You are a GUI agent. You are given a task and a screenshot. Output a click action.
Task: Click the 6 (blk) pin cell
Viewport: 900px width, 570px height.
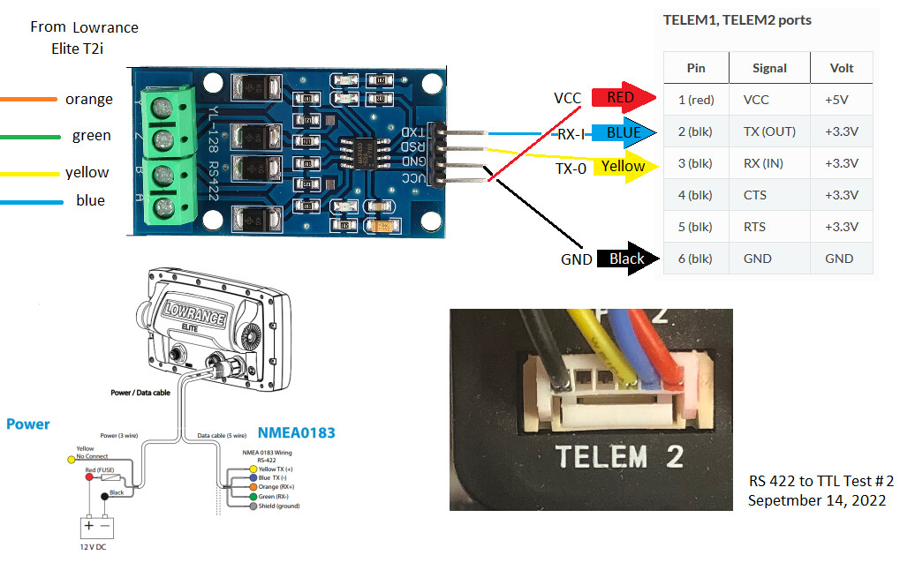pyautogui.click(x=695, y=259)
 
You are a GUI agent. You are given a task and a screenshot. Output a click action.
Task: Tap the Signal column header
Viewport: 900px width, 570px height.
pyautogui.click(x=768, y=68)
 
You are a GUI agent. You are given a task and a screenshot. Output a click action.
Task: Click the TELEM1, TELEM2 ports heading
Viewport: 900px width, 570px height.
pyautogui.click(x=737, y=19)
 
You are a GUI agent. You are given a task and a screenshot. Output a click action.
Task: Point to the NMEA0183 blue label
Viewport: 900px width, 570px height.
pyautogui.click(x=296, y=433)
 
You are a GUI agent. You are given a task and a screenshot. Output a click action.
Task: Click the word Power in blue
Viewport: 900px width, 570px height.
pyautogui.click(x=28, y=424)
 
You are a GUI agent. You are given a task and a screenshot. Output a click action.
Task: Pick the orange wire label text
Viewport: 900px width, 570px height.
pyautogui.click(x=89, y=99)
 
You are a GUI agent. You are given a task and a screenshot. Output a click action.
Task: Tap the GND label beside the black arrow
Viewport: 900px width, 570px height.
pyautogui.click(x=576, y=259)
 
